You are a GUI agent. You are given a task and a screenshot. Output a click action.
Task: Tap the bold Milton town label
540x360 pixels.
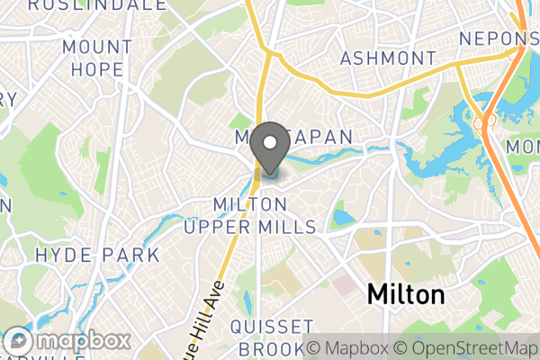[x=405, y=295]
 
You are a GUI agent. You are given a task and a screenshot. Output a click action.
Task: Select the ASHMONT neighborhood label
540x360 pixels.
[x=388, y=58]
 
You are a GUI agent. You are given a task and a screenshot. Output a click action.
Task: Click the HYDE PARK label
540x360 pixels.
[x=97, y=255]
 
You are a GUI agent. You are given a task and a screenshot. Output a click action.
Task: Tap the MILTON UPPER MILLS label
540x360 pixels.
[x=250, y=216]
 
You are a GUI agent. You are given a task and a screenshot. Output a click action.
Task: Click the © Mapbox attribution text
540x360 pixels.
[x=350, y=348]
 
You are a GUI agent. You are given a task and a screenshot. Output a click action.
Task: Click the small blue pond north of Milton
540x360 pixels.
[x=342, y=218]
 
